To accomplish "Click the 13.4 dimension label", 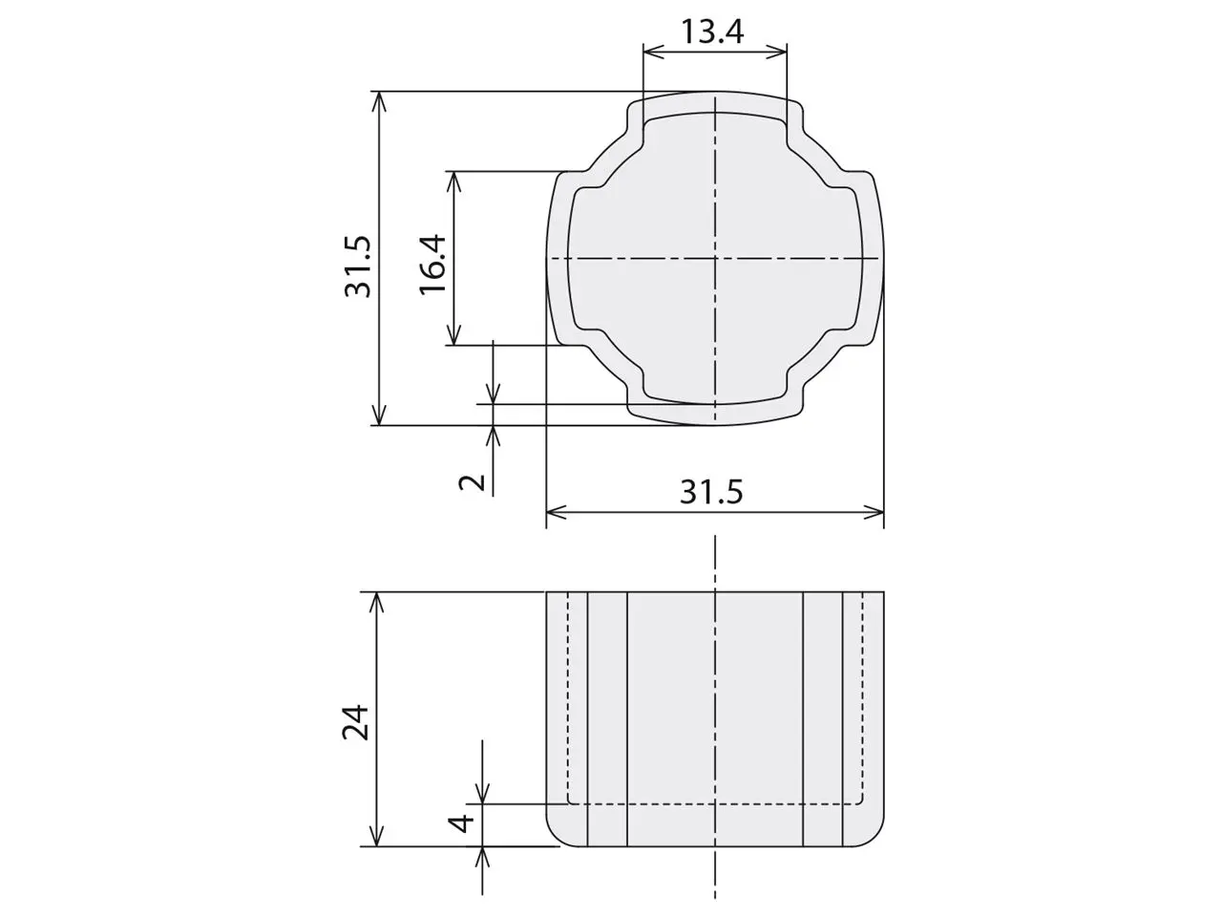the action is pos(712,32).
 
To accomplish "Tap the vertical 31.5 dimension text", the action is pos(357,267).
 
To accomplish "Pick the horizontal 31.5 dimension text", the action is pos(711,492).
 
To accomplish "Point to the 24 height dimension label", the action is pos(355,722).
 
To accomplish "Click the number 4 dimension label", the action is pos(461,822).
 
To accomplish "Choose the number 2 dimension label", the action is pos(473,482).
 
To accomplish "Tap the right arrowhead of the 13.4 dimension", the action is pos(776,52).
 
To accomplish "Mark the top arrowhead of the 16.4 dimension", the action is pos(454,181).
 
